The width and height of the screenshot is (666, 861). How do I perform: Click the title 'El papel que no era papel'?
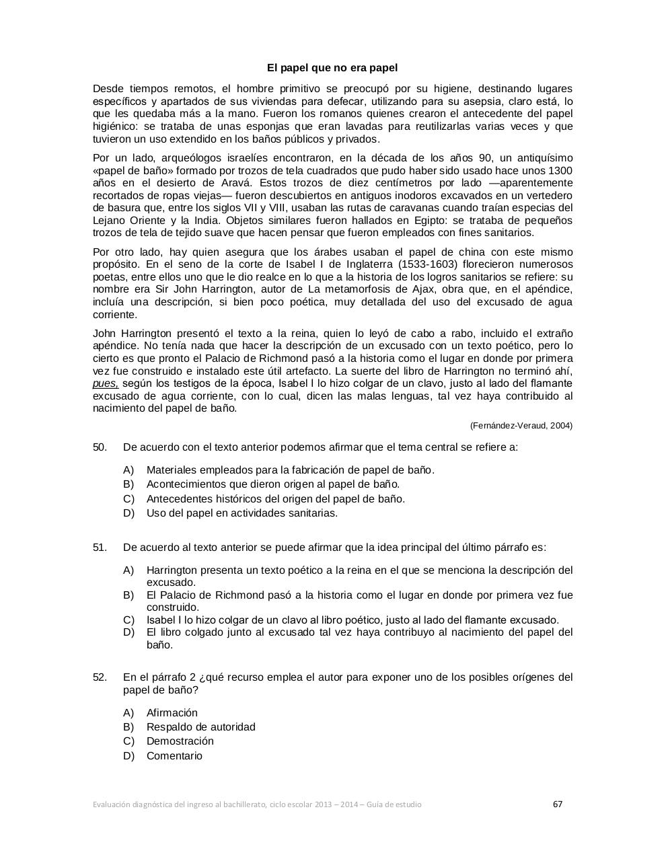pos(332,68)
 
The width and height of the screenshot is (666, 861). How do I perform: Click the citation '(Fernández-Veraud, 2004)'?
pos(521,426)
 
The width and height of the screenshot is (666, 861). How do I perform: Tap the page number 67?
pos(557,804)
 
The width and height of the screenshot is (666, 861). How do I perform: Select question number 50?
pos(100,447)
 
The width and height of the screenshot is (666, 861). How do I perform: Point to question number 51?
pos(100,548)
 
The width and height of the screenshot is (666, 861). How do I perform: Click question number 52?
pos(100,677)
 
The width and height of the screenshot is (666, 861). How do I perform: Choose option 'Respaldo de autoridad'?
pos(200,727)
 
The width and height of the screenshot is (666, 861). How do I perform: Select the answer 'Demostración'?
pos(180,741)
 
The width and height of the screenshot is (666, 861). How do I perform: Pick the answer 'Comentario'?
pos(174,756)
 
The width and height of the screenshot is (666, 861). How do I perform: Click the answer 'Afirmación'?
pos(172,713)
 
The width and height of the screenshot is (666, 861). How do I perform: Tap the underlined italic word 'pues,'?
pos(106,383)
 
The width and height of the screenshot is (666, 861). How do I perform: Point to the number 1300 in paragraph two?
pos(560,171)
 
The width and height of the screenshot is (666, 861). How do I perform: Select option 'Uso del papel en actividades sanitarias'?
pos(242,513)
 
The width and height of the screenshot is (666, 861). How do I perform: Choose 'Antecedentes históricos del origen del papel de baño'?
pos(276,499)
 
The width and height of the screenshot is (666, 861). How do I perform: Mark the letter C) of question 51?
pos(128,620)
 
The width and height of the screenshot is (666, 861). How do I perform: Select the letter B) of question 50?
pos(128,484)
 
